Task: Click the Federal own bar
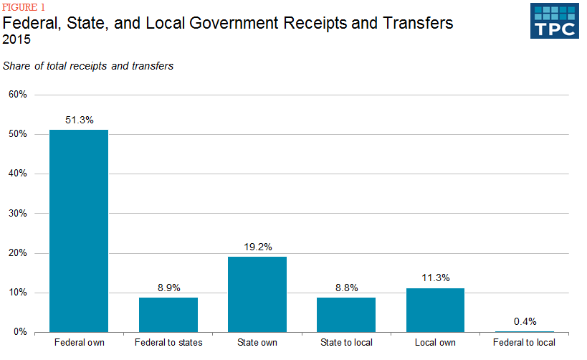(x=79, y=231)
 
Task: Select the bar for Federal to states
(x=168, y=315)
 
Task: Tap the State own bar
(x=257, y=294)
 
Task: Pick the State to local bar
(x=346, y=315)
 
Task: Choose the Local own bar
(x=435, y=310)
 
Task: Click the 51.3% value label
(x=79, y=120)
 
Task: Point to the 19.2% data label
(x=257, y=247)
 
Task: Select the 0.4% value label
(x=525, y=321)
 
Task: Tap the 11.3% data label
(x=435, y=278)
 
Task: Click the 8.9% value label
(x=168, y=288)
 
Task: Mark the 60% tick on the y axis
(x=17, y=95)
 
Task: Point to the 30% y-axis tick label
(x=17, y=214)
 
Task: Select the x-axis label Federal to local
(x=525, y=343)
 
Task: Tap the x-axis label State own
(x=257, y=343)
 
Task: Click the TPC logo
(x=553, y=20)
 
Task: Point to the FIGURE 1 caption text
(x=24, y=8)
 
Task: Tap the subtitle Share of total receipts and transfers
(x=88, y=66)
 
